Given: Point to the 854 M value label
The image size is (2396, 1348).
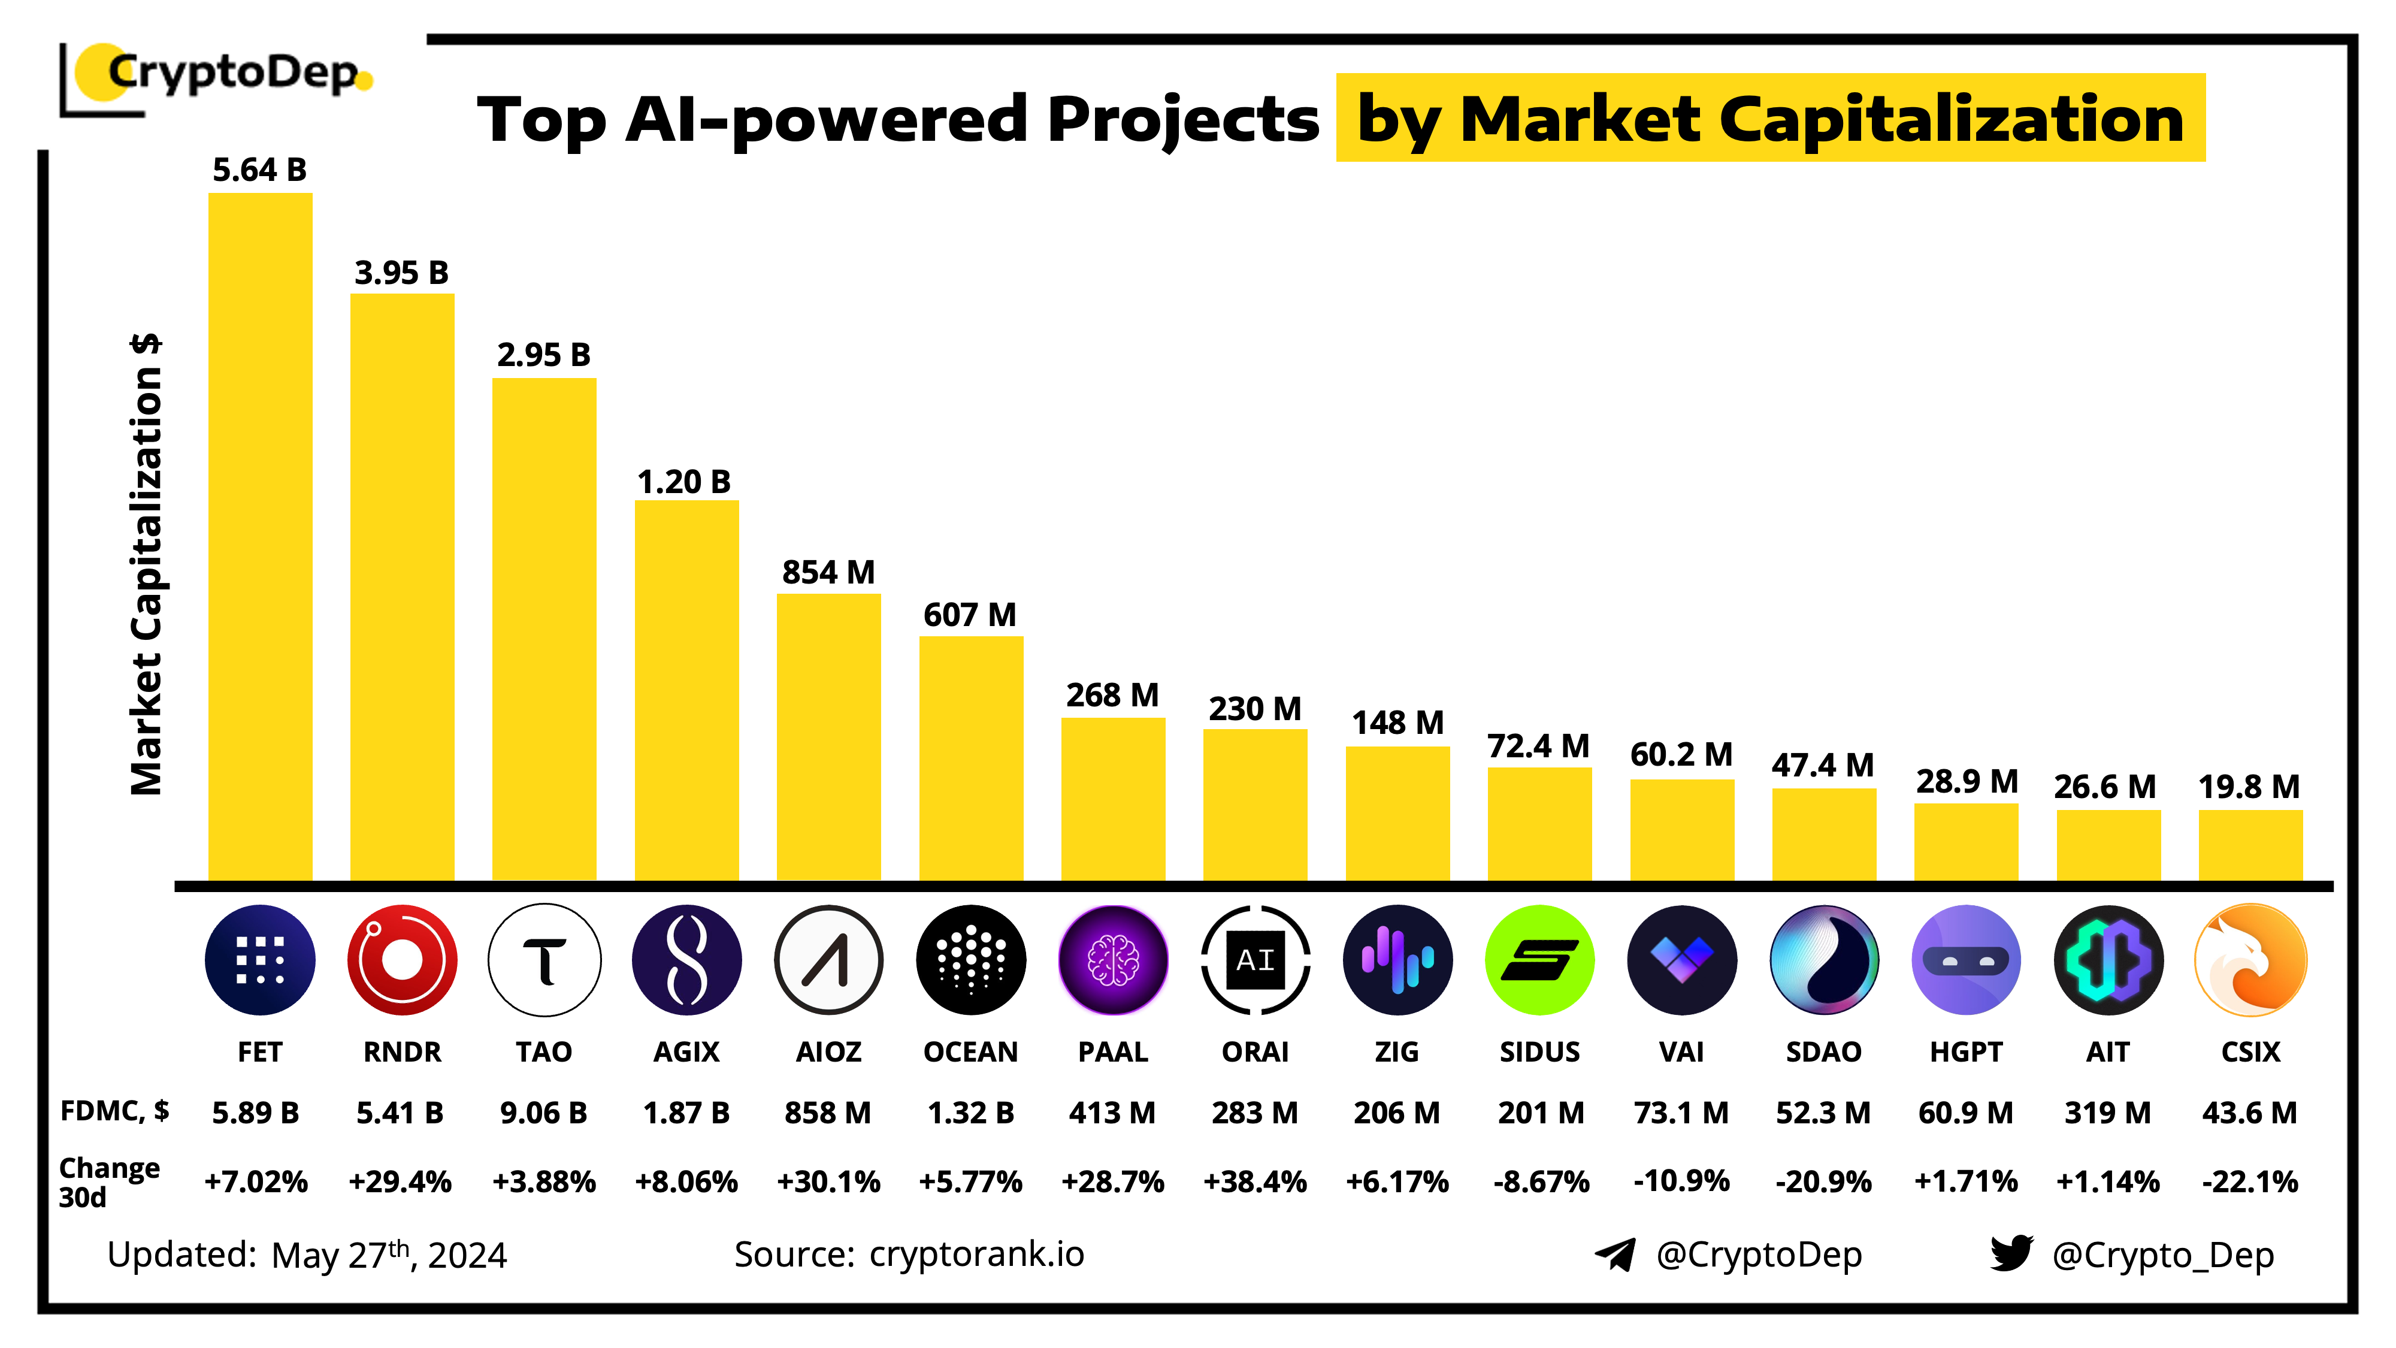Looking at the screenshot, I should click(828, 572).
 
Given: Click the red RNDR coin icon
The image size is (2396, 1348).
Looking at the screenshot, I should click(402, 959).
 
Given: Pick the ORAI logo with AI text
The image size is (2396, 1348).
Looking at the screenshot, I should click(1255, 959).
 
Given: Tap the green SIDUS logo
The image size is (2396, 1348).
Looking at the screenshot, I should click(1539, 959).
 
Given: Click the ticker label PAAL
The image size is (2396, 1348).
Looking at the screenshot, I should click(1112, 1051).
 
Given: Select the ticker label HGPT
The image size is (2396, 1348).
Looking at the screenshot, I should click(1965, 1051).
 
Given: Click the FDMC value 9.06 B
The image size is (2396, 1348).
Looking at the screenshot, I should click(543, 1113).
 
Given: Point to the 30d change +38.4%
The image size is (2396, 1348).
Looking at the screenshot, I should click(1255, 1181).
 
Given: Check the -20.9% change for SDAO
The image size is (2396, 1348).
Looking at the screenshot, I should click(1823, 1181).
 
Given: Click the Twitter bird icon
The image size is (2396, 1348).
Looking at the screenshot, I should click(2011, 1253).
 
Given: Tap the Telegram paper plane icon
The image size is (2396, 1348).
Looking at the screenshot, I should click(1615, 1254).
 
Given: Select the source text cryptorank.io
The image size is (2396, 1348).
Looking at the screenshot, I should click(976, 1254).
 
